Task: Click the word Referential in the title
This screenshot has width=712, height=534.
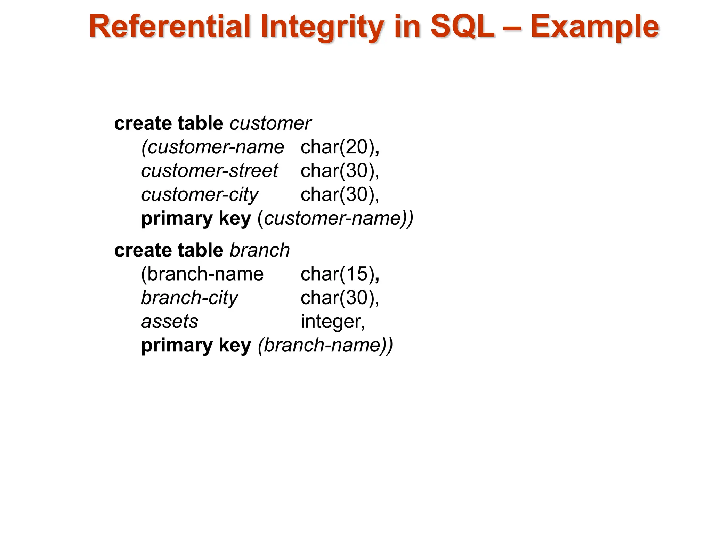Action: tap(170, 26)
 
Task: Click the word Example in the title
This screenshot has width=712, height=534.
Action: tap(595, 27)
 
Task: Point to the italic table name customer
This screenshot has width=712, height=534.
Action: tap(270, 123)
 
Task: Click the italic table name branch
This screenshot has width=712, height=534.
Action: tap(260, 250)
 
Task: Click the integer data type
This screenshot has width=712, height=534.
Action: tap(332, 322)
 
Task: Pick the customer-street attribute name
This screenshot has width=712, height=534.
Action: tap(210, 171)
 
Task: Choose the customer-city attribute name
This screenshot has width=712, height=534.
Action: tap(200, 195)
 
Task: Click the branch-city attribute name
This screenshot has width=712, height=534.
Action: tap(190, 298)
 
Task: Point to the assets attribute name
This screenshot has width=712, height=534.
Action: tap(170, 322)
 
